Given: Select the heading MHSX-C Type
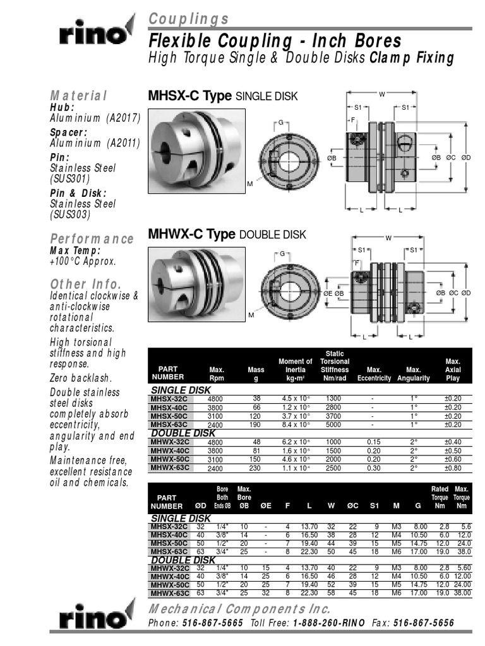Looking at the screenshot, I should coord(189,96).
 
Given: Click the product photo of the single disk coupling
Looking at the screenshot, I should coord(196,150).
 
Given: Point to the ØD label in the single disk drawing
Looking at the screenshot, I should coord(466,156).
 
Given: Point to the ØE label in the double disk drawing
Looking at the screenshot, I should coord(328,294).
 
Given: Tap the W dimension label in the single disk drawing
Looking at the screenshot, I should coord(381,95).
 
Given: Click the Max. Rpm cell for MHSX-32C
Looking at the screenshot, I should coord(217,399).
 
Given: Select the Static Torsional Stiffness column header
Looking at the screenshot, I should coord(334,366).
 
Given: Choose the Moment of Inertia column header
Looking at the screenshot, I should coord(296,370).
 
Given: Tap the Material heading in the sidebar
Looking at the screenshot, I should coord(78,95).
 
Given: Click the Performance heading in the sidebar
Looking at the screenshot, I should coord(92,238).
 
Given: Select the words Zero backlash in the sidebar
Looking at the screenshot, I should coord(80,378).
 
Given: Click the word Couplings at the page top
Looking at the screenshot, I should coord(189,19).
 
